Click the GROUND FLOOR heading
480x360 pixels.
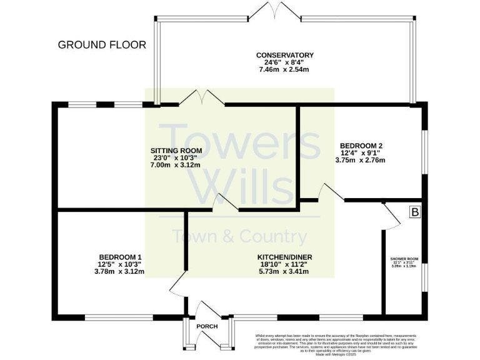coord(102,45)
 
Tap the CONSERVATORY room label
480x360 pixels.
coord(284,56)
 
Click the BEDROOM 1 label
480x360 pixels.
coord(120,257)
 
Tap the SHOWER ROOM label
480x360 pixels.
coord(404,258)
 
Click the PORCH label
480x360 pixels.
coord(207,327)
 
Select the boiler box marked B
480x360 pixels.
coord(415,212)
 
